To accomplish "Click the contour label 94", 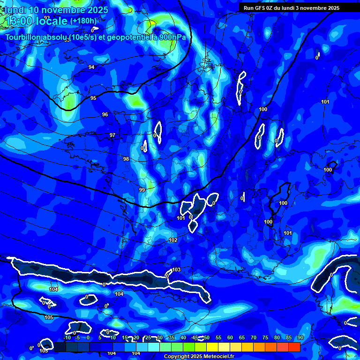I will click(91, 67).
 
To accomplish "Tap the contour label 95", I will click(93, 98).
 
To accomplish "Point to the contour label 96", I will click(105, 114).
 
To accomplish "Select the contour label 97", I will click(112, 135).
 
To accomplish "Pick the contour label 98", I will click(126, 159).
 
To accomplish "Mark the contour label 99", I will click(142, 189).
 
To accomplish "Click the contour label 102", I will click(173, 240).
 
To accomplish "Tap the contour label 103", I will click(176, 270).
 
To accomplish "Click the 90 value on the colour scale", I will click(300, 337).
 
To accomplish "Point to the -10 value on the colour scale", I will click(67, 337).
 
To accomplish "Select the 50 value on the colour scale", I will click(206, 337).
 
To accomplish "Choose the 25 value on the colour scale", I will click(148, 337).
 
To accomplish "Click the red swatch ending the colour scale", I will click(294, 347).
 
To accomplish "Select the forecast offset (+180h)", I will click(83, 21).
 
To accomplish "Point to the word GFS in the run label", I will click(261, 7).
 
